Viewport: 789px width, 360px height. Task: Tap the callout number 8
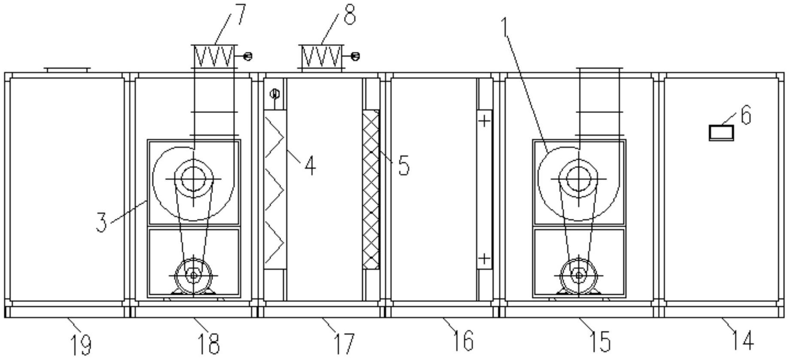point(350,14)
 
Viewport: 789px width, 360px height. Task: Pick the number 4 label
point(310,165)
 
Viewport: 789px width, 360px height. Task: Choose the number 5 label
point(403,165)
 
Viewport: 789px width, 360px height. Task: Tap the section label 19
point(81,344)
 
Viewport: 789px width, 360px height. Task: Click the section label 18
point(208,344)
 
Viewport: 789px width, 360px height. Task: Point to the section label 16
point(462,340)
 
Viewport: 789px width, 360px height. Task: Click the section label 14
point(743,340)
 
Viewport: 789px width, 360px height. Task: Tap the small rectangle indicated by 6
point(721,132)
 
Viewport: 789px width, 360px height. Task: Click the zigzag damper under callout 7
point(214,56)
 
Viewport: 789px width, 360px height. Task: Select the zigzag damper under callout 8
point(321,56)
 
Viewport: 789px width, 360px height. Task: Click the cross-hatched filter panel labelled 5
point(371,189)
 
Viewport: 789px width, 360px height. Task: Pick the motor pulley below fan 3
point(193,275)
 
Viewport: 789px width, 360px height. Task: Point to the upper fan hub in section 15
point(578,178)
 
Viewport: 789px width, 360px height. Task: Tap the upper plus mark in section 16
point(484,121)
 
